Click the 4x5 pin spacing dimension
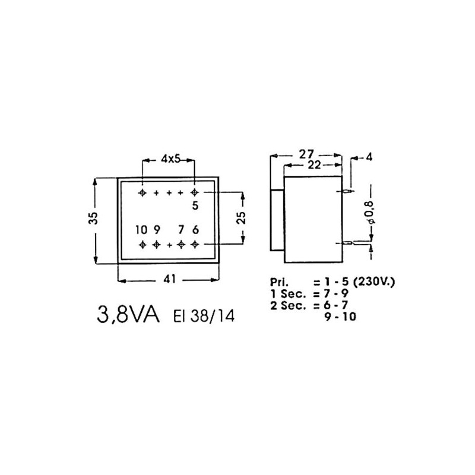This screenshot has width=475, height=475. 170,159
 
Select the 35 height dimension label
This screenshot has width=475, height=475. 94,217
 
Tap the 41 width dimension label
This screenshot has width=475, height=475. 170,278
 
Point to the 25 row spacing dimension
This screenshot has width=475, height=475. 241,217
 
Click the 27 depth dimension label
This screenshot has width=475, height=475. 306,154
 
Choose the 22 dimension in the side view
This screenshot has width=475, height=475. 314,165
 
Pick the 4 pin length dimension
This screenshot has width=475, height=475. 369,157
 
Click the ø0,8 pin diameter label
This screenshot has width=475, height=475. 372,213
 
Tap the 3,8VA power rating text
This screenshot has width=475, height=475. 128,315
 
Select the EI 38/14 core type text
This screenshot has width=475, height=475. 204,316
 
